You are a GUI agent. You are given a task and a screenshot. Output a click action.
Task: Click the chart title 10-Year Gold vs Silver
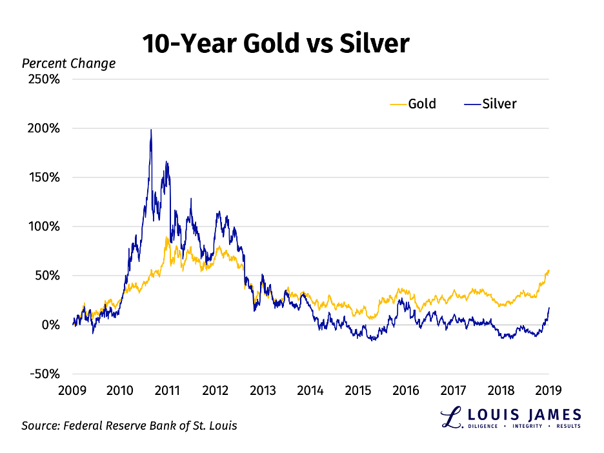(276, 43)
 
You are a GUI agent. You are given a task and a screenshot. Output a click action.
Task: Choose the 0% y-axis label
(51, 325)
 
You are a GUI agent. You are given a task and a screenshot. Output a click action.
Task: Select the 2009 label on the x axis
(72, 390)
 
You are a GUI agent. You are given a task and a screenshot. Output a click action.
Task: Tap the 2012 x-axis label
(215, 390)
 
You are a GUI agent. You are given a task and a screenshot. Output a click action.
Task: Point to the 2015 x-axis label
(358, 390)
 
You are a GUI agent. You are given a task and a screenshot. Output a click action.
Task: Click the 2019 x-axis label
(549, 390)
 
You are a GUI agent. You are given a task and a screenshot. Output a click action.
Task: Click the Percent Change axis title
(69, 63)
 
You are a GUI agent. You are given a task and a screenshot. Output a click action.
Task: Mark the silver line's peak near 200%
(151, 130)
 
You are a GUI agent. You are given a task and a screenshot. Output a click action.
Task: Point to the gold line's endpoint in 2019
(549, 270)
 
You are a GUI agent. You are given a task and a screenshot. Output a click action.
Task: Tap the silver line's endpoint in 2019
(549, 308)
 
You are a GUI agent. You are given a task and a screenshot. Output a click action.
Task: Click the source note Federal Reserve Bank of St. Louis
(130, 426)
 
